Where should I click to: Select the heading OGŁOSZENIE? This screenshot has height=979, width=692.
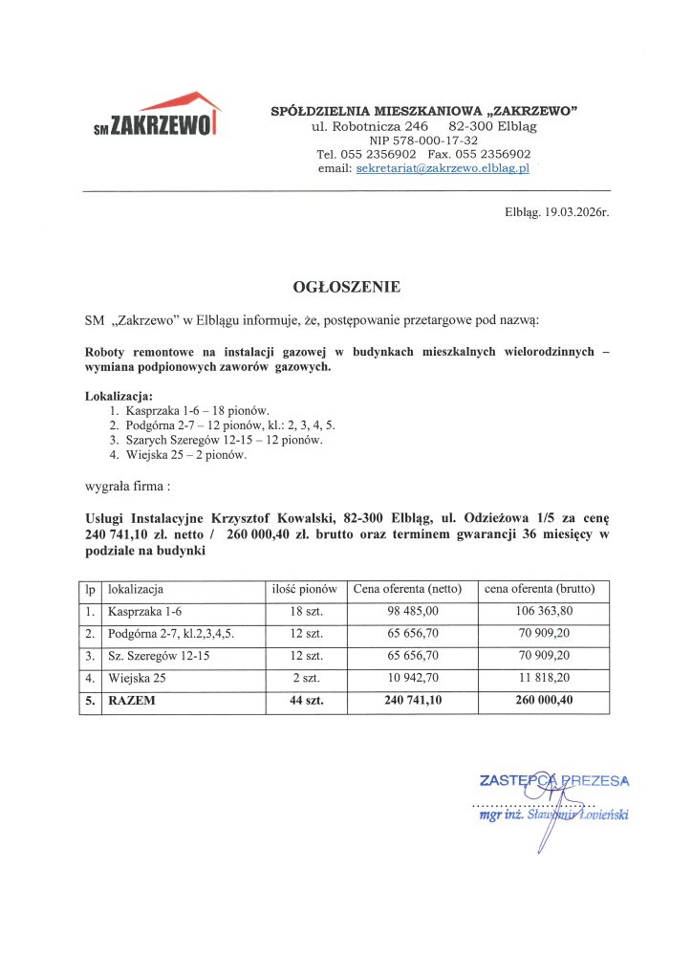point(346,286)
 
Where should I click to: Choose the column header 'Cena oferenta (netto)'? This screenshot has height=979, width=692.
point(410,589)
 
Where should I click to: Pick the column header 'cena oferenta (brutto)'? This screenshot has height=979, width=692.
point(542,589)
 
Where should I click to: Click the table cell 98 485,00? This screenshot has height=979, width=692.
point(413,611)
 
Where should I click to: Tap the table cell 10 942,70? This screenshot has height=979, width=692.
point(413,678)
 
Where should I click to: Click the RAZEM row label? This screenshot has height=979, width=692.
point(131,701)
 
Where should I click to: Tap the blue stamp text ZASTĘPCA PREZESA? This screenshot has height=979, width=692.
point(554,780)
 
